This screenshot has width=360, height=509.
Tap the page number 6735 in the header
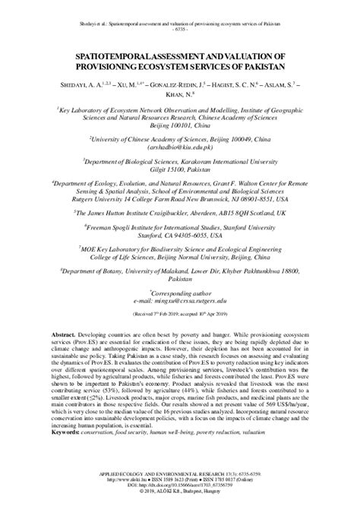pyautogui.click(x=180, y=31)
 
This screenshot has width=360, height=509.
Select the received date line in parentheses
pyautogui.click(x=179, y=292)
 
